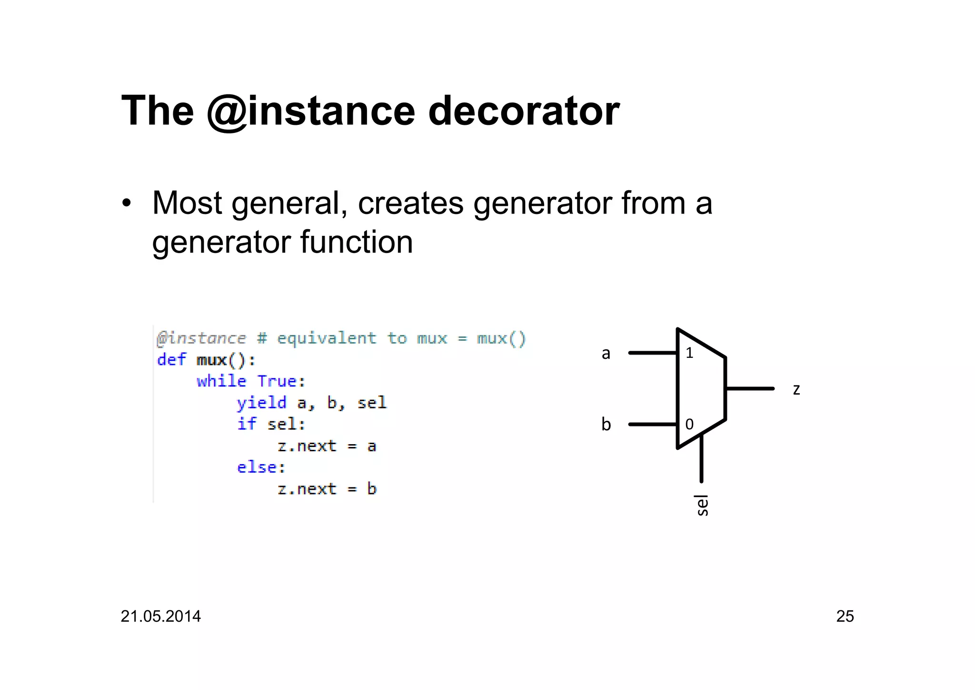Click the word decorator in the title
(524, 111)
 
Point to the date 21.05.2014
(160, 616)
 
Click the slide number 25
(845, 616)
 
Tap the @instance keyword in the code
(201, 338)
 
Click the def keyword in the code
(171, 360)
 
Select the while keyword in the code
(221, 381)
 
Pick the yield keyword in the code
(261, 403)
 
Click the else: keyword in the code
(261, 467)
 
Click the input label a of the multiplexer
(606, 354)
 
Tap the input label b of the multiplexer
(606, 424)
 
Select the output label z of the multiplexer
(796, 389)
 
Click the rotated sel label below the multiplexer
(701, 505)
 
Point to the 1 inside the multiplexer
(689, 353)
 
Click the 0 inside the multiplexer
(689, 424)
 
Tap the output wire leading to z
(749, 389)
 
